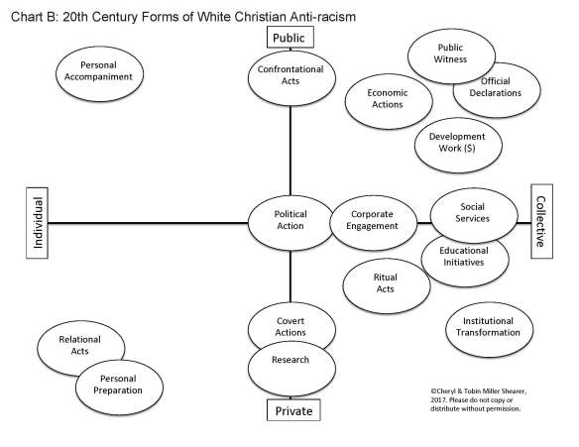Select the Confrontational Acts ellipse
290,76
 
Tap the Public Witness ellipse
451,52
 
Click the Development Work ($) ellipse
457,142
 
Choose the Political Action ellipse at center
289,219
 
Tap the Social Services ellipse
473,212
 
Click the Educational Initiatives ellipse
466,258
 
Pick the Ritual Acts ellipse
386,282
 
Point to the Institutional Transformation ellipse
491,326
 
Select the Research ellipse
290,361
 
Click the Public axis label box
290,38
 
